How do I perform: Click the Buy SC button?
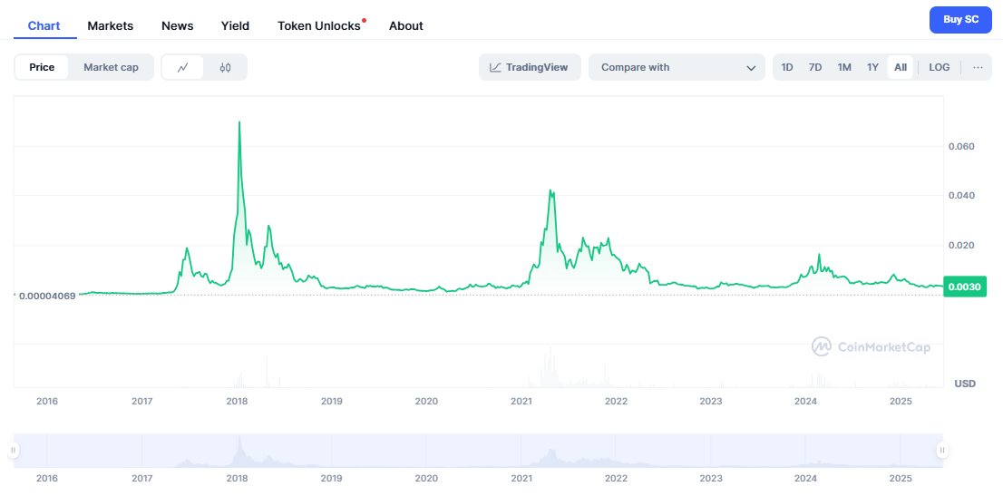point(960,19)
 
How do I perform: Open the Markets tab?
point(111,25)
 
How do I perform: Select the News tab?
point(177,25)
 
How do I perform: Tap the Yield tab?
point(235,25)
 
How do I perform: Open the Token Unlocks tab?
point(319,25)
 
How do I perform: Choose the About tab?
point(406,25)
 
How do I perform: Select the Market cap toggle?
point(111,67)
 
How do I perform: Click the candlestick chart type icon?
point(226,67)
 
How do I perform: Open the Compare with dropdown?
point(677,67)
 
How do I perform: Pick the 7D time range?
point(815,67)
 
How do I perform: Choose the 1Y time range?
point(872,67)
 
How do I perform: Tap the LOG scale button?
point(940,67)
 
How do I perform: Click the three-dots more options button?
point(978,67)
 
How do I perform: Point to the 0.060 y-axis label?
point(961,146)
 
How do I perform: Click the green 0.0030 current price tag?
point(964,287)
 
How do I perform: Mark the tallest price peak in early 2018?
point(239,122)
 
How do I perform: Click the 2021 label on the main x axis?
point(521,401)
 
